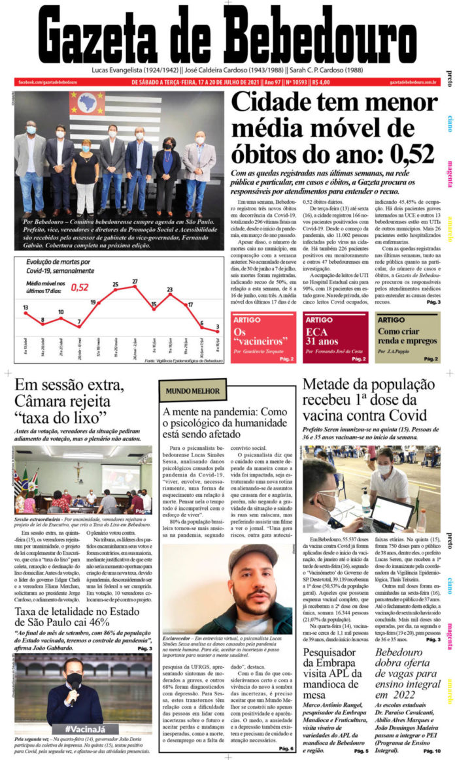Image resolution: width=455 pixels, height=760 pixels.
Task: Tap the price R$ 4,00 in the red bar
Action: pos(321,82)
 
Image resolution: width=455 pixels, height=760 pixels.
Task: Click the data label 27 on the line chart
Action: pos(135,282)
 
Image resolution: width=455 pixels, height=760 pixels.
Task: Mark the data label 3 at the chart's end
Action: pos(217,327)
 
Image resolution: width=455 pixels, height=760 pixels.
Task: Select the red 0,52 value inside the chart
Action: pos(80,287)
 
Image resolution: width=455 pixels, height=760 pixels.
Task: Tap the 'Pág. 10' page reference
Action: pos(432,752)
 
